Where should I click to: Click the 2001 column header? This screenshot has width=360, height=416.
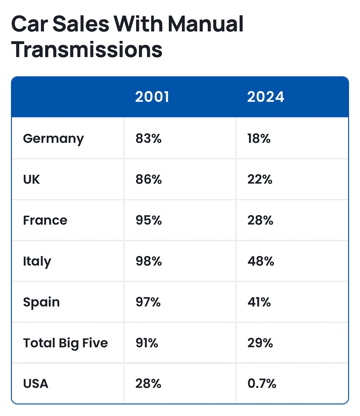coord(152,97)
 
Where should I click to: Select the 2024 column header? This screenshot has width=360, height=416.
coord(266,97)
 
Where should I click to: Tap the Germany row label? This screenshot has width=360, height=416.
coord(53,139)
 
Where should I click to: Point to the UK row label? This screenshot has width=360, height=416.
coord(31,179)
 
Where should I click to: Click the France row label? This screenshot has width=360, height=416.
coord(45,220)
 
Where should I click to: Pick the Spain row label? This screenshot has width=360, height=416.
coord(42,302)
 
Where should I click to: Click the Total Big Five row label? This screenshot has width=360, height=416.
coord(65,343)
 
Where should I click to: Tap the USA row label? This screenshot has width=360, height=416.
coord(36,384)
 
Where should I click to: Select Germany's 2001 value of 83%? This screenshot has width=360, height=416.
coord(149,139)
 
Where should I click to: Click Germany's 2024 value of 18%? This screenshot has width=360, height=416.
coord(259,139)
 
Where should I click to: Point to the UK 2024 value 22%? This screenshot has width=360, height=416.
coord(260,179)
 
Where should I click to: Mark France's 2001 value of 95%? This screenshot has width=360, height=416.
coord(149,220)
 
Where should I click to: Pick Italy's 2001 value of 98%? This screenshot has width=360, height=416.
coord(149,261)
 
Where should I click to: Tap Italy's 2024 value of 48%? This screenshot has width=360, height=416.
coord(261,261)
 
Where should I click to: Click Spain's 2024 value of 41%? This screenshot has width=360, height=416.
coord(259,302)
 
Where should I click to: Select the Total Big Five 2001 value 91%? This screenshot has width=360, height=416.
coord(147,343)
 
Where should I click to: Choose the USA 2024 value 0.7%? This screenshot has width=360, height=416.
coord(262,384)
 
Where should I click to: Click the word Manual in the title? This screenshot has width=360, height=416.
coord(206,24)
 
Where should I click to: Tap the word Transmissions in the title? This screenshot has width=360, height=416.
coord(86,50)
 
